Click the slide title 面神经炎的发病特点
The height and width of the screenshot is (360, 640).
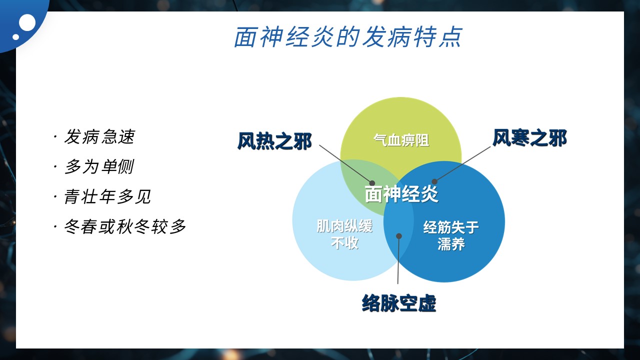[x=348, y=37]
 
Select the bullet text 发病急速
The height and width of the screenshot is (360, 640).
[x=99, y=136]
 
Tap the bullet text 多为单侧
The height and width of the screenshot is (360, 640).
[x=99, y=166]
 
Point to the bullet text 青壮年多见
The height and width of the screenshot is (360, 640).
[x=107, y=196]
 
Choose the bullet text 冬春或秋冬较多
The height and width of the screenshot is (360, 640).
[x=125, y=226]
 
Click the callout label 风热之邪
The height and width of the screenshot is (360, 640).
[x=274, y=141]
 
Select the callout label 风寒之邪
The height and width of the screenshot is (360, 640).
[x=529, y=138]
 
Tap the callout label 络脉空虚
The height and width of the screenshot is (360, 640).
[x=399, y=303]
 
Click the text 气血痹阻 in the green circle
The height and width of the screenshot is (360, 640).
[x=401, y=140]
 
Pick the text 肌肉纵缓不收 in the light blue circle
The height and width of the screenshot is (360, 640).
[x=344, y=234]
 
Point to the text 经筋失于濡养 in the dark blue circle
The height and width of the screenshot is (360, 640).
[x=451, y=235]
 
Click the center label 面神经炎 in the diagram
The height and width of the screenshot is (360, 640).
[x=401, y=194]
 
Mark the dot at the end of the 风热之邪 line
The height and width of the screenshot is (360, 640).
[x=372, y=183]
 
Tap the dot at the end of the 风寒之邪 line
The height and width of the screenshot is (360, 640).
[x=434, y=181]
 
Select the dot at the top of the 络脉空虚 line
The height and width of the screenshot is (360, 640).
[x=399, y=236]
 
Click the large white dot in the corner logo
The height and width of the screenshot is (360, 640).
[x=27, y=22]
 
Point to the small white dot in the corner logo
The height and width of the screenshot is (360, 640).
[x=15, y=37]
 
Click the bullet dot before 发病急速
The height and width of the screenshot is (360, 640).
[x=55, y=137]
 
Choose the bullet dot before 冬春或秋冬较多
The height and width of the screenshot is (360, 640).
[x=55, y=227]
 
